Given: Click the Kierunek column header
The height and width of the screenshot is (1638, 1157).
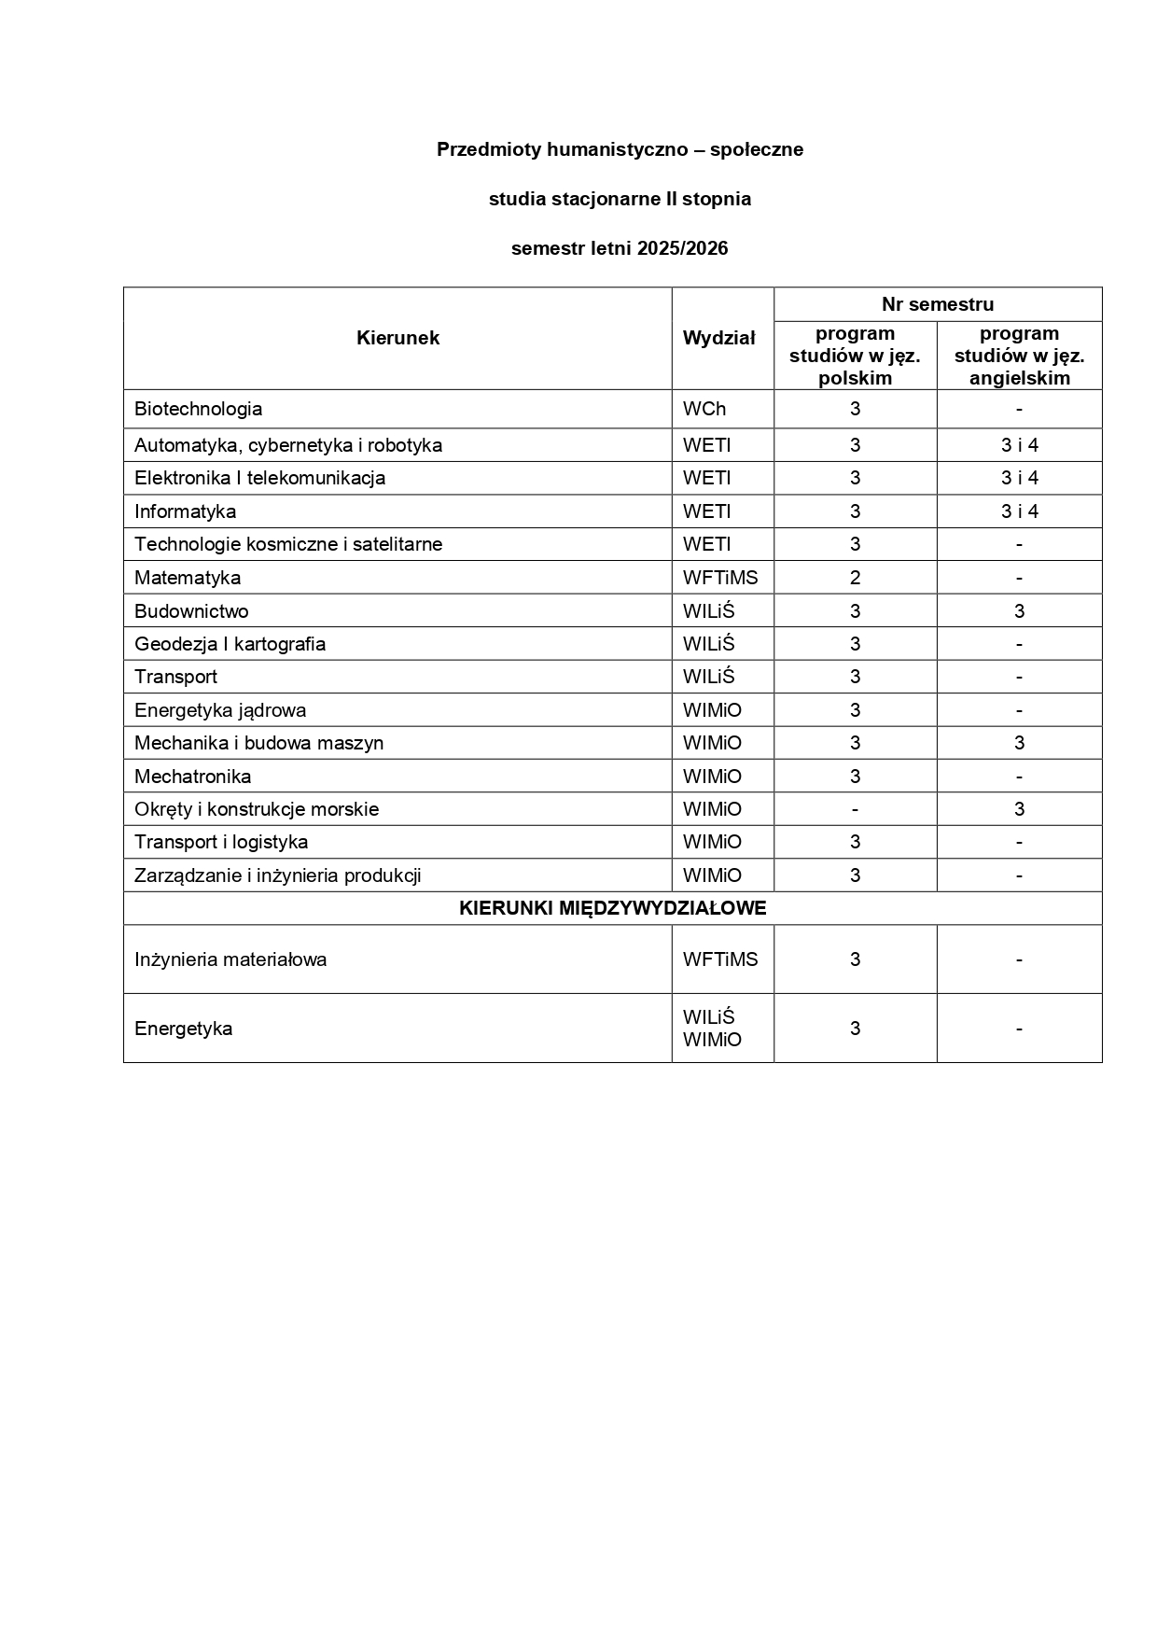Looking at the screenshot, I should (397, 338).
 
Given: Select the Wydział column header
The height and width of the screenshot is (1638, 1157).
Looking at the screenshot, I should (718, 338).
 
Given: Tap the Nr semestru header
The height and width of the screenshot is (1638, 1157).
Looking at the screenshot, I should (938, 304).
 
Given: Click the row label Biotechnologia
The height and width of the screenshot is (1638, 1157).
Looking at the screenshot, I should (198, 409).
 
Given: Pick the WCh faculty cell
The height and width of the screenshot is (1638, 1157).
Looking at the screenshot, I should (704, 409).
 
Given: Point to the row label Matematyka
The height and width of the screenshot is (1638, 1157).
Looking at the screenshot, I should (188, 578).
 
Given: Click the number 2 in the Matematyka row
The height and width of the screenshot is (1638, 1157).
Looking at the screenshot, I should (855, 578).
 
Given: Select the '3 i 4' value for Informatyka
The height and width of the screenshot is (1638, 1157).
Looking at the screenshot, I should (1019, 511).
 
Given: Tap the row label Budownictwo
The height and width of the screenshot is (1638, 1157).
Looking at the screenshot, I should (191, 611).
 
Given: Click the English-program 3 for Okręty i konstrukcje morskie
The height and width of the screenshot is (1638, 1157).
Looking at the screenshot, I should (1019, 809).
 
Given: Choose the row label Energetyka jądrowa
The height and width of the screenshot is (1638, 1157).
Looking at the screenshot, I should (220, 710).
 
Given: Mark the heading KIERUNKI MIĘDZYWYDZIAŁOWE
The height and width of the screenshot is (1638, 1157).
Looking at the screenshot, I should (612, 908).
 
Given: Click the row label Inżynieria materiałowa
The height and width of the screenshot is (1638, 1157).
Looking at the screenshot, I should (230, 959).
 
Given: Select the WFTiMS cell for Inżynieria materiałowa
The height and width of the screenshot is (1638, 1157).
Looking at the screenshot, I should (720, 959).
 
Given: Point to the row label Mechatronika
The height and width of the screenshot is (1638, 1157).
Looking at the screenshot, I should (192, 777).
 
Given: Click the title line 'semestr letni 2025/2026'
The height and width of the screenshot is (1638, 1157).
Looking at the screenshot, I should (620, 248).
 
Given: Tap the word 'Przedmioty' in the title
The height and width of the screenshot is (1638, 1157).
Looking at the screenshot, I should (489, 149).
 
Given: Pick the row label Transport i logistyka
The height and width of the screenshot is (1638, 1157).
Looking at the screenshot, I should (221, 842).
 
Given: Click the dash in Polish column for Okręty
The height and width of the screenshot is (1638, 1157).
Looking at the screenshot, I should (855, 809).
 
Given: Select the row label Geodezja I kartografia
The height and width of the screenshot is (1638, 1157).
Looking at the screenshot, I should (230, 644).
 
